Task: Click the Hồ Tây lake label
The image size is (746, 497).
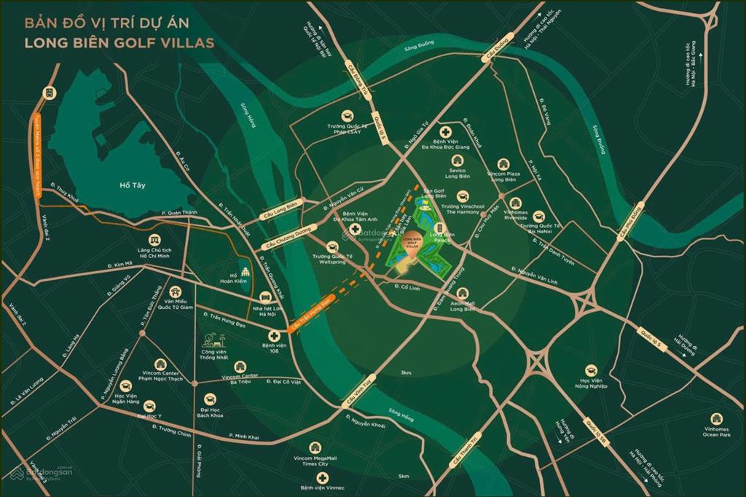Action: [133, 185]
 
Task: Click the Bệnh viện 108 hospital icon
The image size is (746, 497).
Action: [274, 334]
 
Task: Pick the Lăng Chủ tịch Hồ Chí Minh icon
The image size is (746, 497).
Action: [154, 240]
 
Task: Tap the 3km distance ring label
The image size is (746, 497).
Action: [407, 372]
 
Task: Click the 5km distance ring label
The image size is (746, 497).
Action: [403, 476]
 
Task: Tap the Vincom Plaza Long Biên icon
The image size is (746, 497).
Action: [503, 166]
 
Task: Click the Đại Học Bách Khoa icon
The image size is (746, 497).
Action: [210, 399]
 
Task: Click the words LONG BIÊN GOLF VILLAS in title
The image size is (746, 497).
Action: [119, 42]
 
